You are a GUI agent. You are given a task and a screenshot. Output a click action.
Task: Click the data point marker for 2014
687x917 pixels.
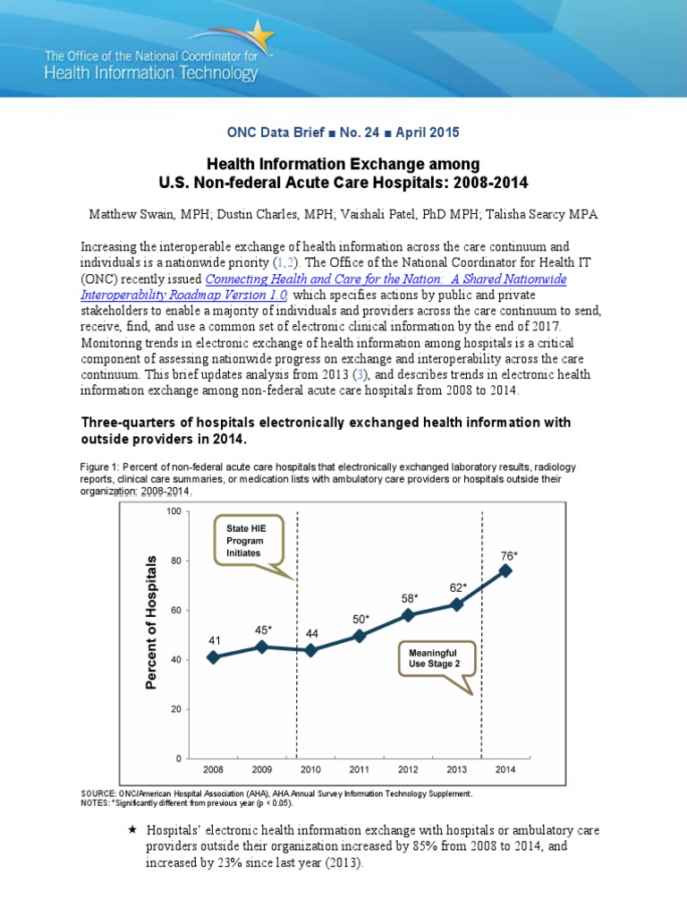click(x=505, y=570)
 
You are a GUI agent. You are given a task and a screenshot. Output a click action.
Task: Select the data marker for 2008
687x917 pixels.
click(x=213, y=656)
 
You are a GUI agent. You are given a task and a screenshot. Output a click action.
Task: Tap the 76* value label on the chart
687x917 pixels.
click(x=508, y=555)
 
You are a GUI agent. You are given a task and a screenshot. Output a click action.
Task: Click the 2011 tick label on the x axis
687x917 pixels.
click(x=360, y=769)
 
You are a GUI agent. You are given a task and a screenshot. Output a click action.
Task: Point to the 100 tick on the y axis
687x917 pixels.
click(x=174, y=511)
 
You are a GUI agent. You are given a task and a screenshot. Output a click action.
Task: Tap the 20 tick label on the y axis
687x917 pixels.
click(x=176, y=709)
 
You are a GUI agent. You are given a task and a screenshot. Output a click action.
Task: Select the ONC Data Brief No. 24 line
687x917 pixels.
click(x=343, y=133)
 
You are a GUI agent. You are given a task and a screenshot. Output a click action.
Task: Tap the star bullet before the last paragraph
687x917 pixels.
click(x=132, y=830)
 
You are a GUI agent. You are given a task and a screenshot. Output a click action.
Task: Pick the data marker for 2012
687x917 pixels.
click(x=408, y=615)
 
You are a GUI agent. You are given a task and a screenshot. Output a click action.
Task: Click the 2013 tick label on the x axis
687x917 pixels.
click(x=457, y=769)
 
